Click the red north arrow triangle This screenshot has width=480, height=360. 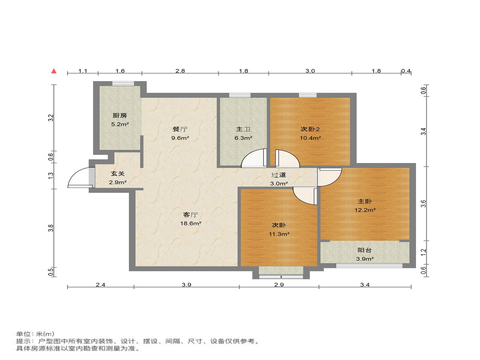point(54,71)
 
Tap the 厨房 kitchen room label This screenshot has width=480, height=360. point(120,116)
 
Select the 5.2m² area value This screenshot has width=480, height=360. point(120,124)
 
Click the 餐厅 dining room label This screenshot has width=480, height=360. point(180,129)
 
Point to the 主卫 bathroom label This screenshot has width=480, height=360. point(243,129)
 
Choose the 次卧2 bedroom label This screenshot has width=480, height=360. point(310,129)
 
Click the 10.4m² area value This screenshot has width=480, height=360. point(310,138)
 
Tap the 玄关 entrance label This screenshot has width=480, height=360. point(118,174)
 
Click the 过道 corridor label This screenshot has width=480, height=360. point(279,175)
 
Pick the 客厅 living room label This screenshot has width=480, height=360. point(190,215)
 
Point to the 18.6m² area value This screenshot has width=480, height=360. point(190,223)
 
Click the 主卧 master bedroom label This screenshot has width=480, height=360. point(365,201)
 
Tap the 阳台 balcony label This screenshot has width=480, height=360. point(364,250)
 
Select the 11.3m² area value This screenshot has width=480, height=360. point(279,234)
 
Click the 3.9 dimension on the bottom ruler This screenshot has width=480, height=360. point(186,285)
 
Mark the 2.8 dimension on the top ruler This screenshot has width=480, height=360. point(180,71)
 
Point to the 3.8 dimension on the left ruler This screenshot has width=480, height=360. point(51,228)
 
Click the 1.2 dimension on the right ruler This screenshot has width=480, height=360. point(423,252)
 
